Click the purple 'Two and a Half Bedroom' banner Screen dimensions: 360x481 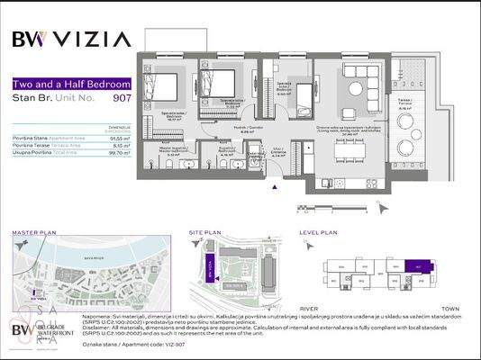[x=70, y=84]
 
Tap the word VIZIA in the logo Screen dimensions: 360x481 [x=95, y=39]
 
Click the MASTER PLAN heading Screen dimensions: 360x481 [x=33, y=231]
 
